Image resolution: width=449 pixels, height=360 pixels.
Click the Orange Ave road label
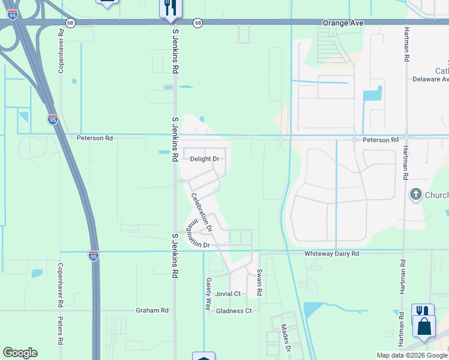tap(343, 22)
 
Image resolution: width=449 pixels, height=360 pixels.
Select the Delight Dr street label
tap(204, 159)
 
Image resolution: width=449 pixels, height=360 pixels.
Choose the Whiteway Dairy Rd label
tap(331, 254)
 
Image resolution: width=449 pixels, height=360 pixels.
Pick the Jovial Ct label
tap(228, 294)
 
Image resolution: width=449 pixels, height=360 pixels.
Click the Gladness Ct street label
tap(234, 311)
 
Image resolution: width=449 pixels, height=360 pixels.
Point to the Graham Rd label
tap(152, 310)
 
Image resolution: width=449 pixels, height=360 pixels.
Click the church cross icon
tap(415, 194)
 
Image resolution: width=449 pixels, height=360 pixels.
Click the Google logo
tap(20, 353)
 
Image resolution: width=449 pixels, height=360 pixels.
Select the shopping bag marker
tap(424, 327)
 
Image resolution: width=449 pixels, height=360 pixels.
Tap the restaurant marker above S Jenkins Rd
tap(171, 7)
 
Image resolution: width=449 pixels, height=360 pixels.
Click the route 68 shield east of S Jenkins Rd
tap(197, 23)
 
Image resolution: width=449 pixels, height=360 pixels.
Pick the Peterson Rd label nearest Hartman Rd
tap(381, 140)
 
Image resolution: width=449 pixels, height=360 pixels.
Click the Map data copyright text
tap(411, 355)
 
